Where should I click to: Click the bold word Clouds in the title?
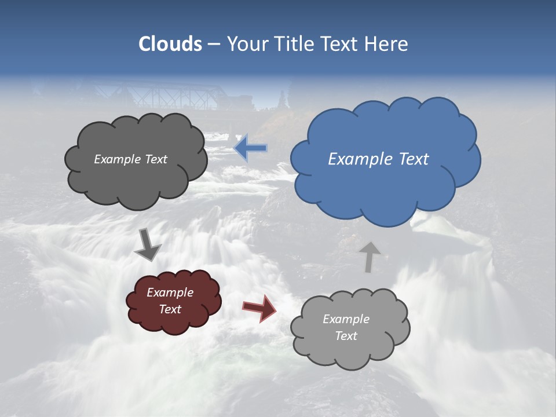[170, 43]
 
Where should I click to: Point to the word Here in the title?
[387, 43]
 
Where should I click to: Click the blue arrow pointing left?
[251, 148]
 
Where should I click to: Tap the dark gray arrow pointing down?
[147, 244]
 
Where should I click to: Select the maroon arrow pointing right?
[259, 308]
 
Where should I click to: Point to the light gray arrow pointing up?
[369, 257]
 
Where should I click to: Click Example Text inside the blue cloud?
[378, 159]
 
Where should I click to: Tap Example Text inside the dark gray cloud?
[130, 159]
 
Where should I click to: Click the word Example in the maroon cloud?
[170, 292]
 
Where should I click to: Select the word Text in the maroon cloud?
[170, 309]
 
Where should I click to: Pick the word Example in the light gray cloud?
[346, 319]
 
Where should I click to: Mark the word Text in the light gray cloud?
[346, 336]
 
